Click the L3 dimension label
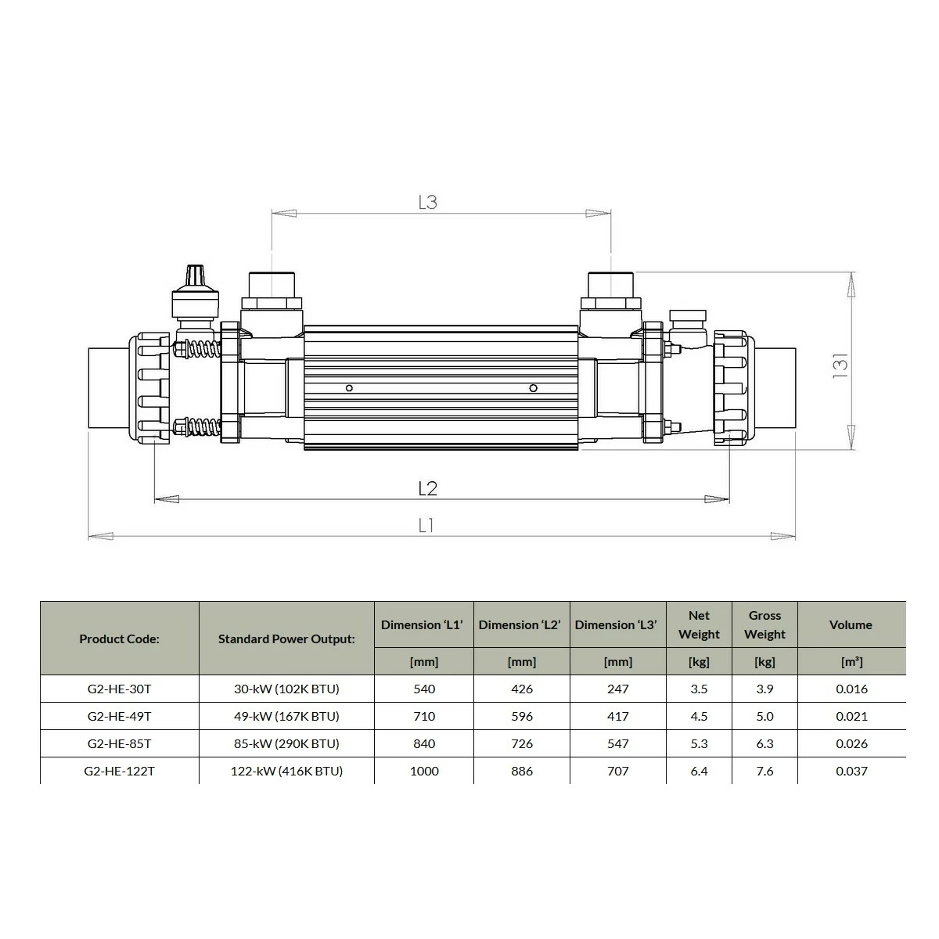(427, 202)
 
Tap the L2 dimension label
(427, 489)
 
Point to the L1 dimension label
(426, 526)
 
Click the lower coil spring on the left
(201, 428)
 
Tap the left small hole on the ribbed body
(349, 388)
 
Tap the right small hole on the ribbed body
(533, 388)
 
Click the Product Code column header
(119, 639)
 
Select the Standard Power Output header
(286, 639)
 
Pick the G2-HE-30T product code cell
(119, 689)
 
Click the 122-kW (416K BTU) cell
(286, 771)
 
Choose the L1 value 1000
(424, 771)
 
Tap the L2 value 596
(521, 716)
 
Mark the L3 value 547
(618, 743)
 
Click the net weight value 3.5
(699, 689)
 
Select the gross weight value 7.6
(765, 771)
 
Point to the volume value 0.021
(851, 716)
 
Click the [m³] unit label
(851, 662)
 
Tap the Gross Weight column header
(765, 624)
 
